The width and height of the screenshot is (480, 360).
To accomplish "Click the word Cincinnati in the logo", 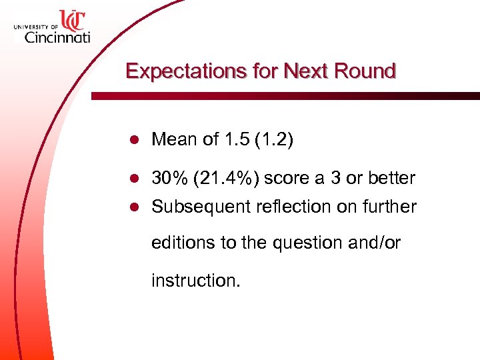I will (57, 38).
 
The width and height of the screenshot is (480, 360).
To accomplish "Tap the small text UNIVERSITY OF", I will (35, 26).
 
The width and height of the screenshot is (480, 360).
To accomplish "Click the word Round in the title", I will (365, 71).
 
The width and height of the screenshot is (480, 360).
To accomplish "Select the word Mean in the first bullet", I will (173, 140).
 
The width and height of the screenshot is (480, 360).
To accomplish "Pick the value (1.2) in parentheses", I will (270, 140).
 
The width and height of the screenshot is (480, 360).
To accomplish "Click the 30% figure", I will (170, 179).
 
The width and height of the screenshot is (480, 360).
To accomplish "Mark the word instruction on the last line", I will (195, 280).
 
